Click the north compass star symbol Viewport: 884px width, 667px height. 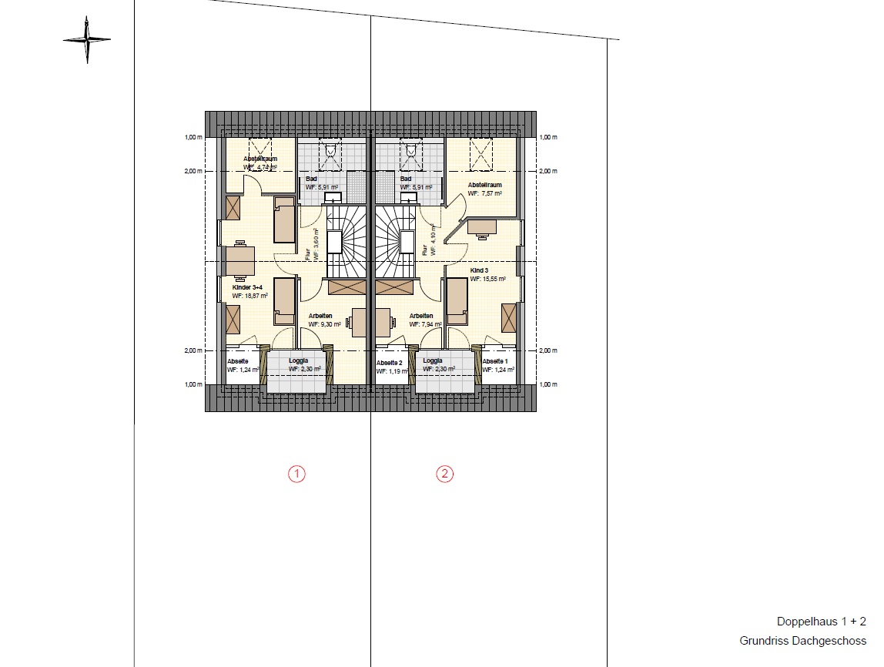tap(87, 40)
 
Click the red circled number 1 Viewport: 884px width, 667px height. tap(296, 474)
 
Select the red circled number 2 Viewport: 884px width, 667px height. tap(444, 474)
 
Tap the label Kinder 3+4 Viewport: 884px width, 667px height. tap(249, 287)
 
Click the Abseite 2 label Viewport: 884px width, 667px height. tap(390, 362)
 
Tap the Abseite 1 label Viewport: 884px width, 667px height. tap(495, 361)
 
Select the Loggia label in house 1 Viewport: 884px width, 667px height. tap(300, 360)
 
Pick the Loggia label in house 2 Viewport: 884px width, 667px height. tap(433, 360)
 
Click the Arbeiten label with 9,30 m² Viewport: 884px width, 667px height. tap(320, 316)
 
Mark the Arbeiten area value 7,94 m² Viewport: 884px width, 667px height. tap(425, 324)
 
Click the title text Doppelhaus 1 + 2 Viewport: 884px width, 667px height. tap(821, 622)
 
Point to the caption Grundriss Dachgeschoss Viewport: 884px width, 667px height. tap(802, 640)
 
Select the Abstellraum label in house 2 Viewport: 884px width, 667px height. tap(485, 185)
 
